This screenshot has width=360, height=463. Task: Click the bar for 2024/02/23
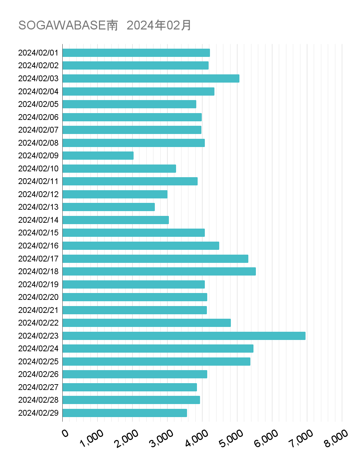click(x=184, y=336)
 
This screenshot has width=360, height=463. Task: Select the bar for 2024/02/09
click(x=98, y=156)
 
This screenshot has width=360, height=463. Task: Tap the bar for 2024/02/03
click(x=151, y=78)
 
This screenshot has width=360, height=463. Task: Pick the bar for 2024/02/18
click(x=159, y=271)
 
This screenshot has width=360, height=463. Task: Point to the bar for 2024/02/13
click(x=109, y=207)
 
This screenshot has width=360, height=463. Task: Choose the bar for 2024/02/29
click(x=125, y=413)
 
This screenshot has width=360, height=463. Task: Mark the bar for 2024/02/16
click(x=141, y=246)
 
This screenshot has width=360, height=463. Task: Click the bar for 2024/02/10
click(x=119, y=169)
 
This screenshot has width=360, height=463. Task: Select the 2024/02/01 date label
click(x=38, y=53)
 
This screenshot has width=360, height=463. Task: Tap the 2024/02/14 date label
click(x=38, y=220)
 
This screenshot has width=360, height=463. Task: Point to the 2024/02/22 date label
click(x=38, y=323)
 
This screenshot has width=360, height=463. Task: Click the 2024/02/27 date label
click(x=38, y=387)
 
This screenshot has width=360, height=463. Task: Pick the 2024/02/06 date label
click(x=38, y=117)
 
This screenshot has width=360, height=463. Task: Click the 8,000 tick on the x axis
click(x=336, y=438)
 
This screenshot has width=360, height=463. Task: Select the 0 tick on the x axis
click(x=65, y=434)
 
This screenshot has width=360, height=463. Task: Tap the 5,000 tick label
click(x=232, y=438)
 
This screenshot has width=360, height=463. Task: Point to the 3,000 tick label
click(x=162, y=438)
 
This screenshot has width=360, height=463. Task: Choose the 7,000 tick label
click(x=301, y=438)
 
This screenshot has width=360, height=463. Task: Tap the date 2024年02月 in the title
click(x=159, y=25)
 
